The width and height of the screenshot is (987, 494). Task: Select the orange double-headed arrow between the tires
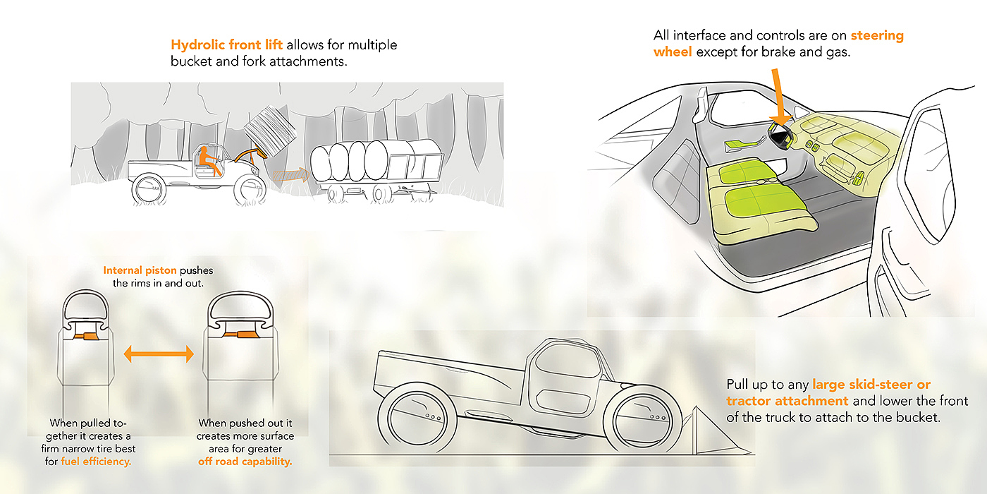(x=159, y=354)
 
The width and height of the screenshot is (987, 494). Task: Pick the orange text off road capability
(x=245, y=462)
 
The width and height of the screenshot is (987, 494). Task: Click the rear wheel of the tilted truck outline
(x=410, y=423)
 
